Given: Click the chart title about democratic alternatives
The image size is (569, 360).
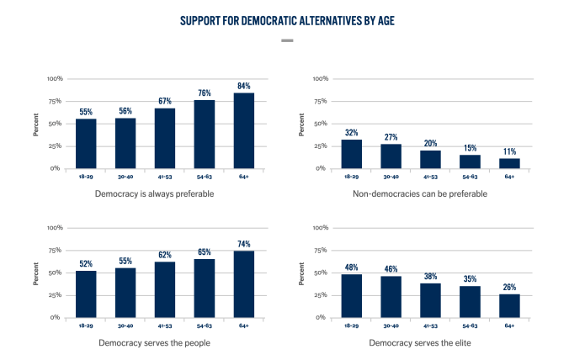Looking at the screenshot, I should coord(286,19).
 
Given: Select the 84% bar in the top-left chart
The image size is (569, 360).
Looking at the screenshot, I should coord(243,130).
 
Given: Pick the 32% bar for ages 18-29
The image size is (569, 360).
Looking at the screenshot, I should coord(351,154).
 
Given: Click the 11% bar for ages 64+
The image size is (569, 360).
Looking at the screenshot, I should coord(509,163).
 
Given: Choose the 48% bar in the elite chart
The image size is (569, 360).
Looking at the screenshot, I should coord(351,296).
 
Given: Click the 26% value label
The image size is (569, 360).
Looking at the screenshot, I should coord(509,287).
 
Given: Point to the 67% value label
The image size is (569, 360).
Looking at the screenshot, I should coord(164,101).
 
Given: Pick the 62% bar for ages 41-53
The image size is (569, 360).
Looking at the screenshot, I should coord(164,290).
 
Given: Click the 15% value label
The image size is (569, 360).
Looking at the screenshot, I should coord(470,148).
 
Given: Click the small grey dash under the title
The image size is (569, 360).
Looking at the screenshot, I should coord(286,40).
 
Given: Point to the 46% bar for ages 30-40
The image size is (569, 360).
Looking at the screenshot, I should coord(391,297).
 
